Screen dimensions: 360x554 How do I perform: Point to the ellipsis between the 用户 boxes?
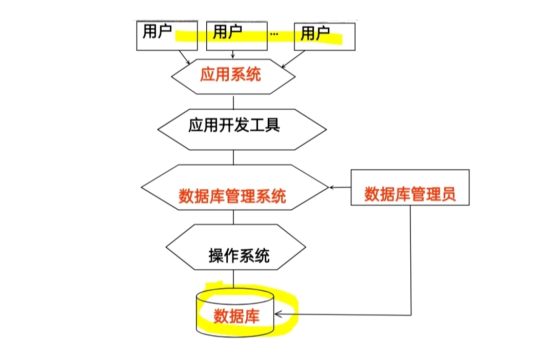[x=274, y=35]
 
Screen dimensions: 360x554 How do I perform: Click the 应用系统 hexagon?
[x=232, y=75]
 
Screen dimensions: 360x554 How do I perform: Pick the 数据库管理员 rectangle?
[x=410, y=188]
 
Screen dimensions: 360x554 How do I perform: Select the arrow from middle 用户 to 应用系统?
[x=233, y=54]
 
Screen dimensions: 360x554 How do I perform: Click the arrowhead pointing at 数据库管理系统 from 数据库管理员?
[x=332, y=187]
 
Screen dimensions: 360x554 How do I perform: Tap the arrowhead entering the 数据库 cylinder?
[x=278, y=314]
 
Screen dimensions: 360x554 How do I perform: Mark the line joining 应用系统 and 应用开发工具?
[x=233, y=102]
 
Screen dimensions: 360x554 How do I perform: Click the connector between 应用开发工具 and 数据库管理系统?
[x=233, y=157]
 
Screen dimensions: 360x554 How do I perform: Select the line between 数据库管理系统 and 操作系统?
[x=233, y=217]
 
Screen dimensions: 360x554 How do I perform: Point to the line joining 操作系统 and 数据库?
[x=233, y=279]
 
